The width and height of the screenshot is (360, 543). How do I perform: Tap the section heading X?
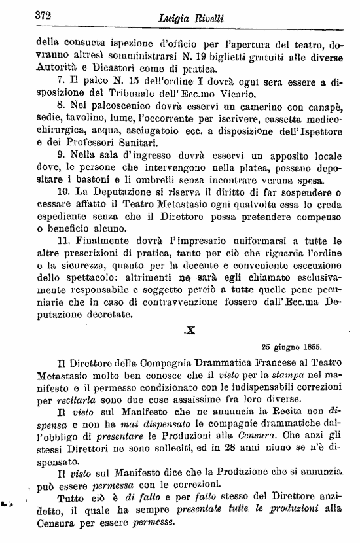[x=190, y=331]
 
